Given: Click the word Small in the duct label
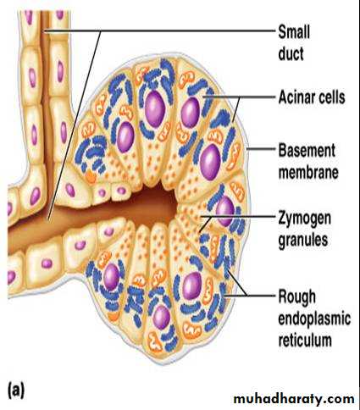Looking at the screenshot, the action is click(294, 32).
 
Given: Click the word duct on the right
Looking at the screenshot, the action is click(291, 53).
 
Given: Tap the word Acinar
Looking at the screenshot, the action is click(296, 97).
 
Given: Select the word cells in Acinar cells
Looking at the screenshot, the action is click(331, 97).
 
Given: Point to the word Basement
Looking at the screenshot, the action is click(307, 150).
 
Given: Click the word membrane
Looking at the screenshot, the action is click(308, 172).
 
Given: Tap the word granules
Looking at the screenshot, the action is click(303, 241).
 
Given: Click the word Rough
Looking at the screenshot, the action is click(296, 297).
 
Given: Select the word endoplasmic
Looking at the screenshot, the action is click(314, 319).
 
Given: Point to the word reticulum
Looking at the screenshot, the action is click(305, 340).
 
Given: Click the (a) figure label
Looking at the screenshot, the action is click(16, 391).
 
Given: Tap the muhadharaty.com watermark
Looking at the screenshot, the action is click(294, 399).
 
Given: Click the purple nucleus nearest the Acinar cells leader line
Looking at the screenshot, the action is click(191, 113).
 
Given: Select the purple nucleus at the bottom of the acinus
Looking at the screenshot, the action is click(162, 317).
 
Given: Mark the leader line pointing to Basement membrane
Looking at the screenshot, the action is click(262, 149).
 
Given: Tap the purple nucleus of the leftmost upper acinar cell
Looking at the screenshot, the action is click(125, 137).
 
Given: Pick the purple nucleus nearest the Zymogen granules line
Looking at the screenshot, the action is click(225, 211).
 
